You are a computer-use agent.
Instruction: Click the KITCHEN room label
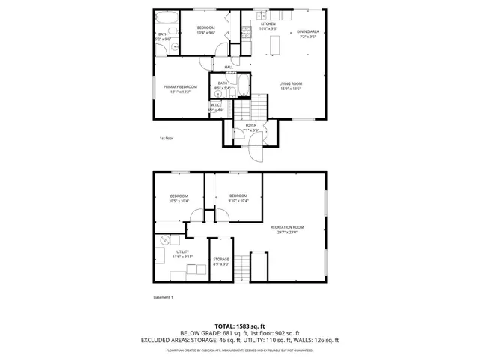click(x=268, y=24)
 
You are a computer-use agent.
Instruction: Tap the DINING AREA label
click(x=308, y=31)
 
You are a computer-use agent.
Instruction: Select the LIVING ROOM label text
click(x=290, y=82)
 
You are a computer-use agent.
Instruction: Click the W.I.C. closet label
click(x=215, y=105)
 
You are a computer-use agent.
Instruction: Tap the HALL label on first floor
click(x=229, y=67)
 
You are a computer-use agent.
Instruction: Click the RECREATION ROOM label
click(x=287, y=226)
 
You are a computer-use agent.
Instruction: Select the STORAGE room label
click(x=220, y=259)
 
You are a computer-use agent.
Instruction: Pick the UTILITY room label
click(x=182, y=252)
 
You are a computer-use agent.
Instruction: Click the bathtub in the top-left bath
click(x=167, y=17)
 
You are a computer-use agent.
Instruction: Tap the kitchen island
click(x=274, y=46)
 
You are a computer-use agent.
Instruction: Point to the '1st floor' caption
click(x=166, y=138)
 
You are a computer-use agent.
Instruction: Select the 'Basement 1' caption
click(x=163, y=297)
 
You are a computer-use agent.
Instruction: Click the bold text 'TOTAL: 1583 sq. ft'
click(x=239, y=326)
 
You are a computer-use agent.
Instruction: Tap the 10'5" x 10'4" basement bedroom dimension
click(x=178, y=200)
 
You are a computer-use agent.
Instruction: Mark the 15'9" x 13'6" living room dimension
click(x=290, y=88)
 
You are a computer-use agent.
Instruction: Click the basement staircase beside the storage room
click(x=259, y=265)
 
